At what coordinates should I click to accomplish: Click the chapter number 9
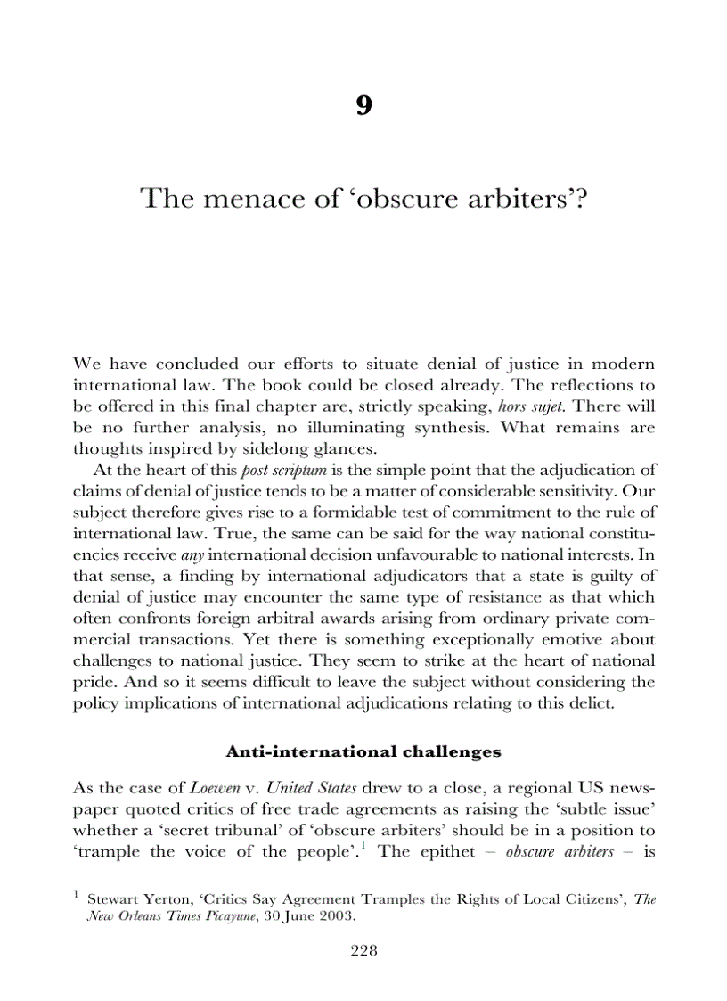point(363,106)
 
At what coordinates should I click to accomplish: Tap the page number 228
point(363,950)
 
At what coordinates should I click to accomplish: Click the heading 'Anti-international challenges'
point(363,751)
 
